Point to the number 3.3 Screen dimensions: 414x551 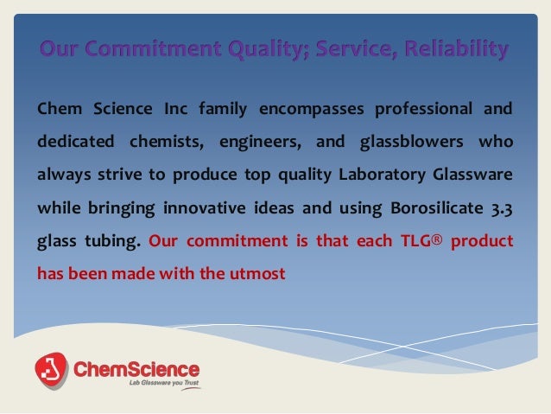498,208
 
